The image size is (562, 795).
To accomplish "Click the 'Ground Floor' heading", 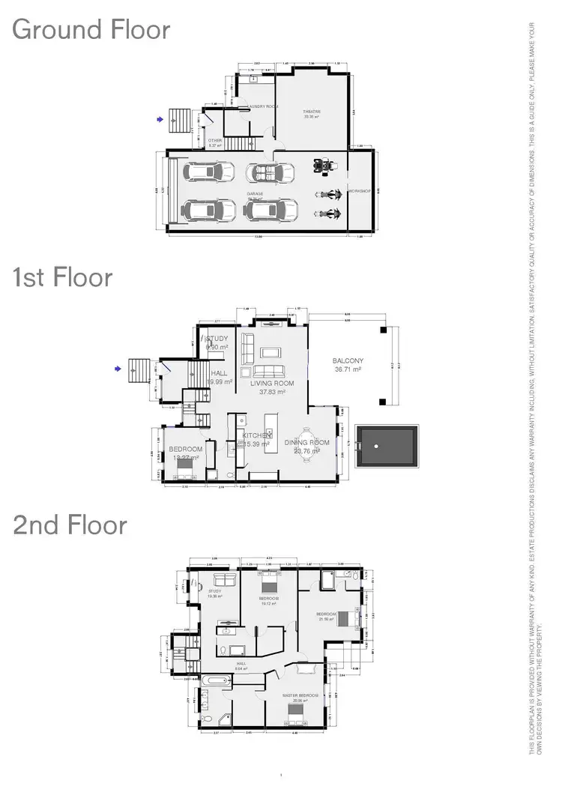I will (x=91, y=30).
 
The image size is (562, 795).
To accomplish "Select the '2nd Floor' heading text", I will (x=70, y=525).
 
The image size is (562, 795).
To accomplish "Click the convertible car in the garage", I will (x=271, y=173).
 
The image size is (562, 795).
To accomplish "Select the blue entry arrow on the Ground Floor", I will (x=159, y=118).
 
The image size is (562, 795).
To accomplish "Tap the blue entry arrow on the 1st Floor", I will (x=118, y=368).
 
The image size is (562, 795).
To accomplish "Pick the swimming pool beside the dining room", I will (x=386, y=447).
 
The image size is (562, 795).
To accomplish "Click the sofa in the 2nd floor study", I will (x=224, y=579).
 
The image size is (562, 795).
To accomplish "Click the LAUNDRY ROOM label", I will (x=262, y=106).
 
